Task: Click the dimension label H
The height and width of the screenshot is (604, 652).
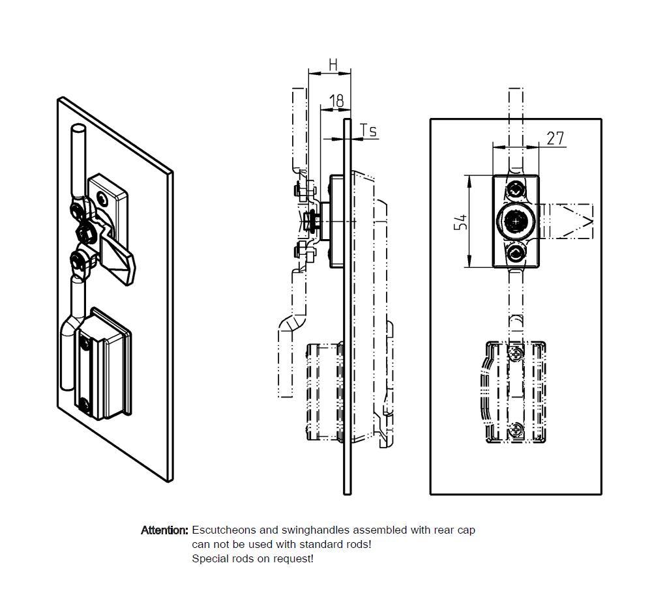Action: [333, 64]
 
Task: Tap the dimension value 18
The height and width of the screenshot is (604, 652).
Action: [336, 101]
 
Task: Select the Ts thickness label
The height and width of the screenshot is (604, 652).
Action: [368, 131]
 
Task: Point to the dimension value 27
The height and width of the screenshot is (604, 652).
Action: [556, 138]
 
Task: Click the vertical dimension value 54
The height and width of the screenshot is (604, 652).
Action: [460, 222]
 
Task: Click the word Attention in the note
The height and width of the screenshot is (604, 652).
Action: [164, 530]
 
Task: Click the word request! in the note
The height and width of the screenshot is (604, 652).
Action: [293, 559]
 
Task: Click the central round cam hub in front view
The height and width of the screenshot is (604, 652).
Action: [516, 222]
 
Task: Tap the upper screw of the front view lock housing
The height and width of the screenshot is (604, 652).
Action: [516, 190]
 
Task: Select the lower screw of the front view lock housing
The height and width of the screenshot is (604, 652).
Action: [516, 253]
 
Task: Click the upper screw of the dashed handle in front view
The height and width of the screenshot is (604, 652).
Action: [516, 353]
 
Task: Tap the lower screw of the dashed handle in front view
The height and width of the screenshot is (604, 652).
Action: [516, 429]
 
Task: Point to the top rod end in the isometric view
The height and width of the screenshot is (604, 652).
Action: [78, 130]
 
